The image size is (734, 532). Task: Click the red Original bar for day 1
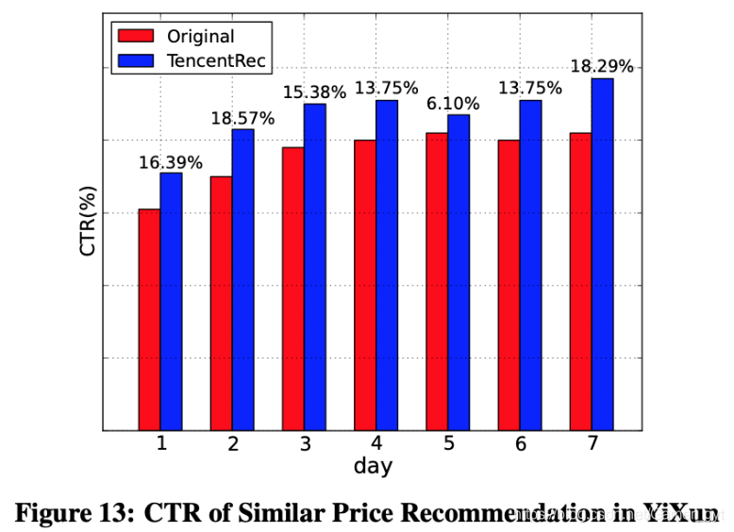pyautogui.click(x=149, y=319)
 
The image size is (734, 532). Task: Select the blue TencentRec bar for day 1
pyautogui.click(x=171, y=301)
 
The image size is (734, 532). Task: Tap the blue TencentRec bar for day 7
pyautogui.click(x=602, y=254)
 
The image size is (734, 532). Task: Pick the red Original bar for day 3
pyautogui.click(x=292, y=289)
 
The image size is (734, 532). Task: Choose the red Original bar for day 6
pyautogui.click(x=509, y=285)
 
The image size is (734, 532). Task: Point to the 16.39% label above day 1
pyautogui.click(x=171, y=162)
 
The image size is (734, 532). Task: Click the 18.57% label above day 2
pyautogui.click(x=242, y=119)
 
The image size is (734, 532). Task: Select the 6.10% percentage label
pyautogui.click(x=459, y=104)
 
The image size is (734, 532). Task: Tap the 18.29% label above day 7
pyautogui.click(x=602, y=67)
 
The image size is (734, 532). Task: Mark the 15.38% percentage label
pyautogui.click(x=315, y=92)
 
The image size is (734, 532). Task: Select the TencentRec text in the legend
pyautogui.click(x=217, y=61)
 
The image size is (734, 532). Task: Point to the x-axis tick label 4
pyautogui.click(x=375, y=443)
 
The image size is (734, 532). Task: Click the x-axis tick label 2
pyautogui.click(x=232, y=443)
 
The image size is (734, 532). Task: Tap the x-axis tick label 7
pyautogui.click(x=592, y=443)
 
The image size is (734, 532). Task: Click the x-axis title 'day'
pyautogui.click(x=373, y=466)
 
